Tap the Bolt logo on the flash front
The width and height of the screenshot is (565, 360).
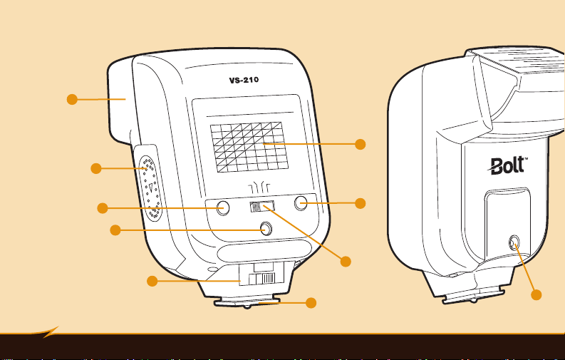point(507,166)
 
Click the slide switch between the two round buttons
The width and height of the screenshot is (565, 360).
point(261,207)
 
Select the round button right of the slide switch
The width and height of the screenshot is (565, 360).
point(301,203)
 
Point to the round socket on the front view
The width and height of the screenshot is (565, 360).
point(514,245)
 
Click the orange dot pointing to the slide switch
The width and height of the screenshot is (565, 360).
point(346,262)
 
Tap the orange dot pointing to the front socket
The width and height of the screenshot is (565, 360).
point(537,295)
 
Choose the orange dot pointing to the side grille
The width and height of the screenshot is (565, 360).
point(95,168)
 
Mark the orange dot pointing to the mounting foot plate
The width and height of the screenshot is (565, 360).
point(311,303)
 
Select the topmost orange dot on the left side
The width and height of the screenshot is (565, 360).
point(71,99)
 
